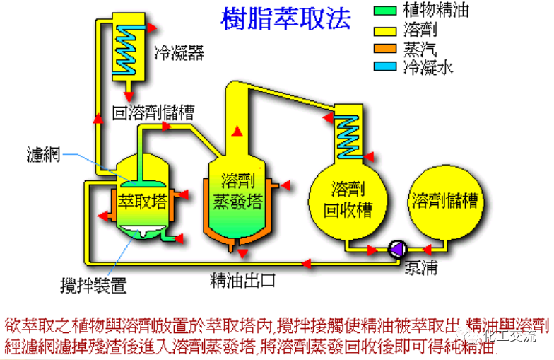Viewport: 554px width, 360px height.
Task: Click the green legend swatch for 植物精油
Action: (386, 11)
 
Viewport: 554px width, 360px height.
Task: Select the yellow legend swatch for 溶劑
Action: (386, 30)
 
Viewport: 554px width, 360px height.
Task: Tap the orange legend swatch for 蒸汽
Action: (386, 49)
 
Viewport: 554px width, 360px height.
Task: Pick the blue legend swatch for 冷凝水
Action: (386, 68)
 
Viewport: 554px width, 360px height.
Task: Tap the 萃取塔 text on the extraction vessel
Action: (143, 201)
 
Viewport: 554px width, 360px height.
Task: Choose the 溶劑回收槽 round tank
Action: (350, 199)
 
